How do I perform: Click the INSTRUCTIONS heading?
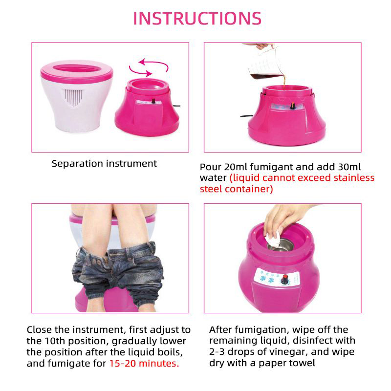(197, 18)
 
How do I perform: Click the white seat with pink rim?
(76, 93)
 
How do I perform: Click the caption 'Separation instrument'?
(104, 164)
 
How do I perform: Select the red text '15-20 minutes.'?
(144, 363)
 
